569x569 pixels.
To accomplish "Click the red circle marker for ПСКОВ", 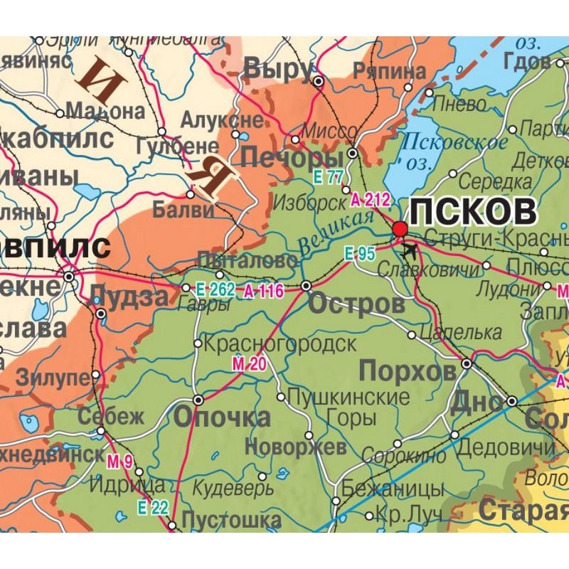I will pos(400,228).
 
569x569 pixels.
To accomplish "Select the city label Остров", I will pos(357,305).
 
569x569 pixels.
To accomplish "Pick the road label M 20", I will pos(248,365).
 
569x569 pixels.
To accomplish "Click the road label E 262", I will pos(214,289).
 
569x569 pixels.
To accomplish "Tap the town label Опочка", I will pos(212,418).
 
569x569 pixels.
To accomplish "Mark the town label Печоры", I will pos(288,156).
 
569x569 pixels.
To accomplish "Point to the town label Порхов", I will pos(408,371).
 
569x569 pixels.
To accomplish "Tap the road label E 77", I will pos(331,176).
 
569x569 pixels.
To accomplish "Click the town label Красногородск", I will pos(280,344).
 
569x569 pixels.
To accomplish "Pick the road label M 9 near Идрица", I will pos(120,464).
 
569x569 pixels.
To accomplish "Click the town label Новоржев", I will pos(295,447).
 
